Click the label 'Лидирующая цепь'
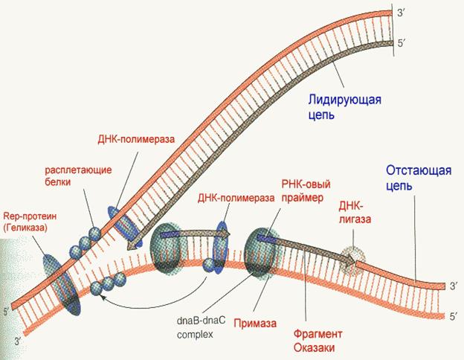tap(344, 107)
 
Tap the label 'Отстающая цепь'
tap(419, 179)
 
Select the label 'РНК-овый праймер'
tap(306, 191)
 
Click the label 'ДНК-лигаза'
tap(355, 212)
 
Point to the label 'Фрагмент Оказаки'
tap(318, 341)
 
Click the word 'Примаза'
tap(255, 323)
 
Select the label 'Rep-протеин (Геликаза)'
tap(30, 222)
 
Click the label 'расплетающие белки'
tap(78, 176)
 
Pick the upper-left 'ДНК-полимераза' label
tap(136, 139)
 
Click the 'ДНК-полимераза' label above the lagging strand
tap(236, 198)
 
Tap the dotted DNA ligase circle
tap(352, 260)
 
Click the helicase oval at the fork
tap(62, 284)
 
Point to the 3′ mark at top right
tap(400, 13)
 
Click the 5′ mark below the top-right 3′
tap(401, 44)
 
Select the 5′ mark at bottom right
tap(453, 316)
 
